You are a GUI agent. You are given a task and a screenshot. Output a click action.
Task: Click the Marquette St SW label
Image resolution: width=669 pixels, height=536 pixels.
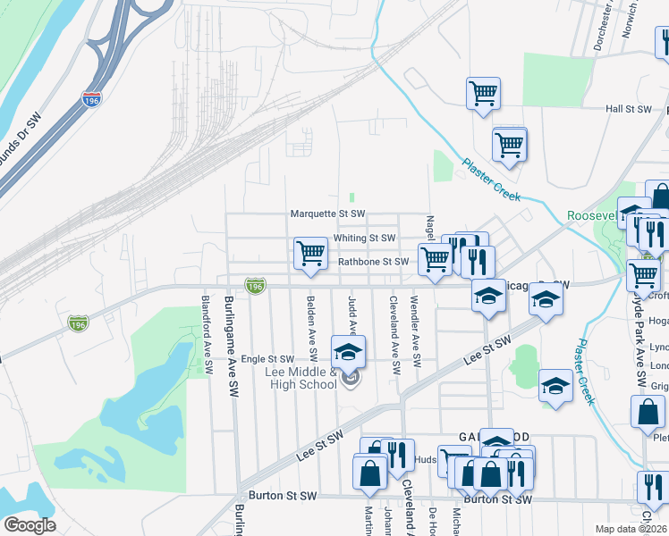tap(327, 214)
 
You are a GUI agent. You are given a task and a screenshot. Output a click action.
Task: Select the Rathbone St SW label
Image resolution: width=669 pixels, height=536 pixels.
tap(373, 262)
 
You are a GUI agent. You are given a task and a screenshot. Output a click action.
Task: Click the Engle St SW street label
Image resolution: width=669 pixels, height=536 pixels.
tap(267, 359)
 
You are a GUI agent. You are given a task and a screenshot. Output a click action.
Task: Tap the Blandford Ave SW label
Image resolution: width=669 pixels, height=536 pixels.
tap(206, 334)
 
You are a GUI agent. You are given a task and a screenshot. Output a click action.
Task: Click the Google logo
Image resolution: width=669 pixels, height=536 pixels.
tap(29, 525)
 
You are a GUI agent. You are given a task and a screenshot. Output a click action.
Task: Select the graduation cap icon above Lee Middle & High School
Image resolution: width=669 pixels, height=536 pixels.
tap(349, 351)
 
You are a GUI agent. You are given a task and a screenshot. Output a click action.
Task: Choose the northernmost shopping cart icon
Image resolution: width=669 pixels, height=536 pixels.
tap(483, 93)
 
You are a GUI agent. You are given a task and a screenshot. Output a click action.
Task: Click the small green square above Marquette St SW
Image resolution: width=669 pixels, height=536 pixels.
tap(352, 197)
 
